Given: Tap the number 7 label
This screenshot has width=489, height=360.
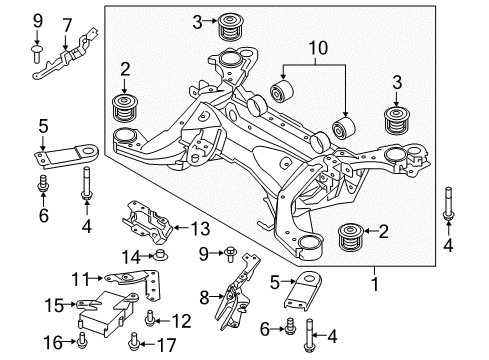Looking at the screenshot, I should [67, 23].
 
